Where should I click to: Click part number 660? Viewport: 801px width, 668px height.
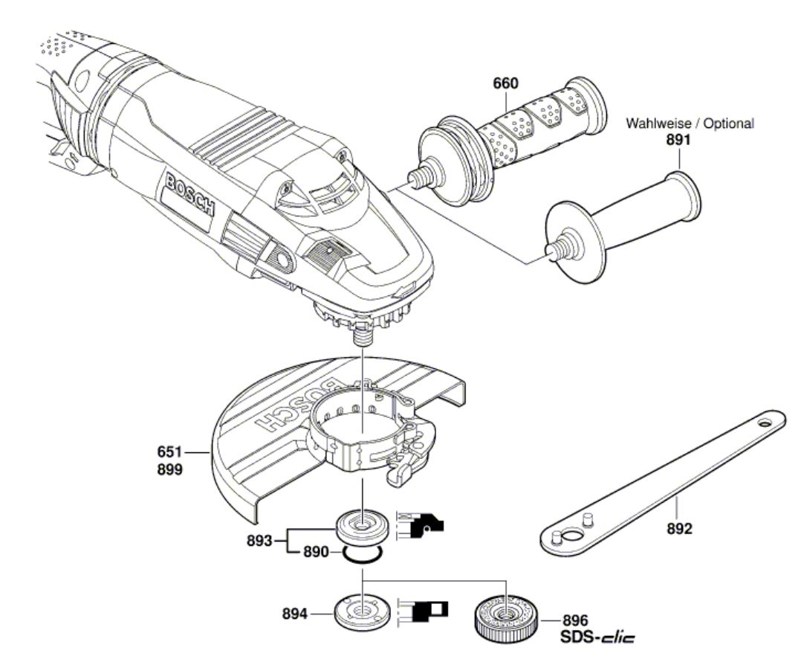(x=505, y=83)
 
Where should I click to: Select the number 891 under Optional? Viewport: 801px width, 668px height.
(x=678, y=140)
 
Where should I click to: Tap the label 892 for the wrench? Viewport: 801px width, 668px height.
(x=679, y=528)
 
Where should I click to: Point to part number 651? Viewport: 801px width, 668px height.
(x=169, y=452)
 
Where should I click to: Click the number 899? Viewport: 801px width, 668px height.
(x=169, y=469)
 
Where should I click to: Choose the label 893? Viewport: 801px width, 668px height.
(x=259, y=541)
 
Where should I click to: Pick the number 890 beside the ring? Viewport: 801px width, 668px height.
(x=317, y=553)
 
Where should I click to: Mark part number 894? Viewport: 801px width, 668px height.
(x=295, y=613)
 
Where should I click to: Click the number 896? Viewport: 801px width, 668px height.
(x=575, y=621)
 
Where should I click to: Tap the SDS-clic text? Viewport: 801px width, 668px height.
(x=597, y=638)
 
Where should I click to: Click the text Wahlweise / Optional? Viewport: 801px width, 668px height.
(x=690, y=123)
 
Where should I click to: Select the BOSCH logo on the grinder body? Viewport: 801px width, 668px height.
(x=190, y=193)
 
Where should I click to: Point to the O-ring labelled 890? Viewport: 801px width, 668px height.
(x=362, y=553)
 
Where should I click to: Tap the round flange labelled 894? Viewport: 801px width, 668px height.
(x=363, y=611)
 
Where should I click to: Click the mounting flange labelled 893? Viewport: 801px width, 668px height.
(x=363, y=527)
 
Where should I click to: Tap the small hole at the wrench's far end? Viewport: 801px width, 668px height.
(x=764, y=423)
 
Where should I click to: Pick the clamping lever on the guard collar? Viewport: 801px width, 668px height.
(x=403, y=472)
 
